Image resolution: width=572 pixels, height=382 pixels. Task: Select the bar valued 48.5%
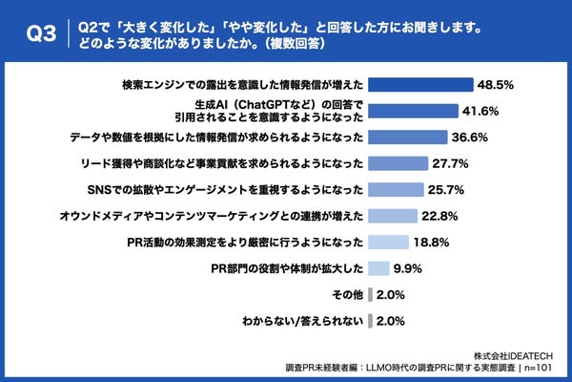coord(420,84)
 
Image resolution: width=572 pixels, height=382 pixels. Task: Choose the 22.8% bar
coord(392,215)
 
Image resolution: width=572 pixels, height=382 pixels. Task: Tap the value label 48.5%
coord(497,84)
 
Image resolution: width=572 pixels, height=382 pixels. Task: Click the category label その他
coord(346,294)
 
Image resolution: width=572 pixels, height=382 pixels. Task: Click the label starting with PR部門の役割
coord(286,267)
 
